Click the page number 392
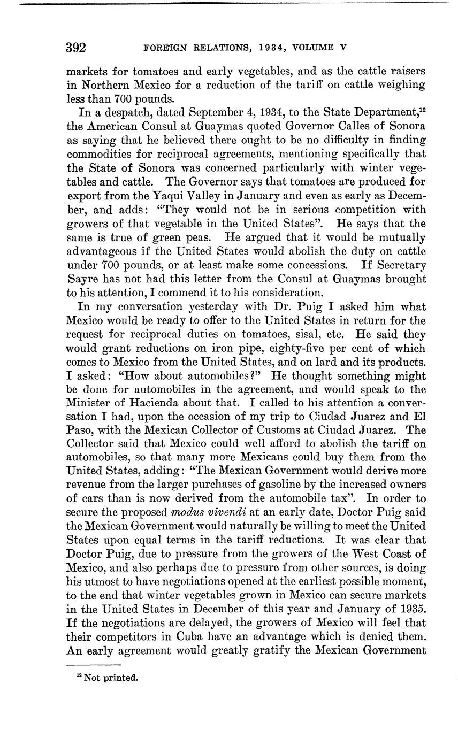(x=76, y=48)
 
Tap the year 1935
(x=412, y=609)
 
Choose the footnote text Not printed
(x=111, y=678)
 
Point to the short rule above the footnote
(x=94, y=664)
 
